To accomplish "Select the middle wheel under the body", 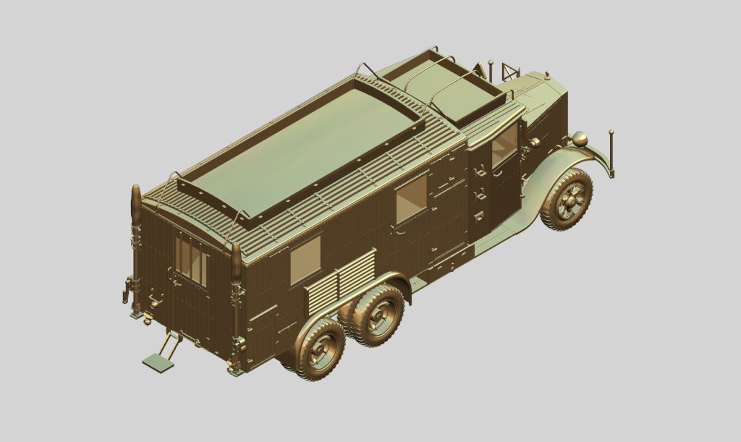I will (x=377, y=314).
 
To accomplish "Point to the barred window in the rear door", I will (x=191, y=258).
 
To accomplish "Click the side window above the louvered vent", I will (x=305, y=260).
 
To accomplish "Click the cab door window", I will (x=504, y=148).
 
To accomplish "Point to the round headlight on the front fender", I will (x=579, y=139).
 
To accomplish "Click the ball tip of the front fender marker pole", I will (x=611, y=132).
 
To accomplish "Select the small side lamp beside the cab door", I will (x=534, y=143).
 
